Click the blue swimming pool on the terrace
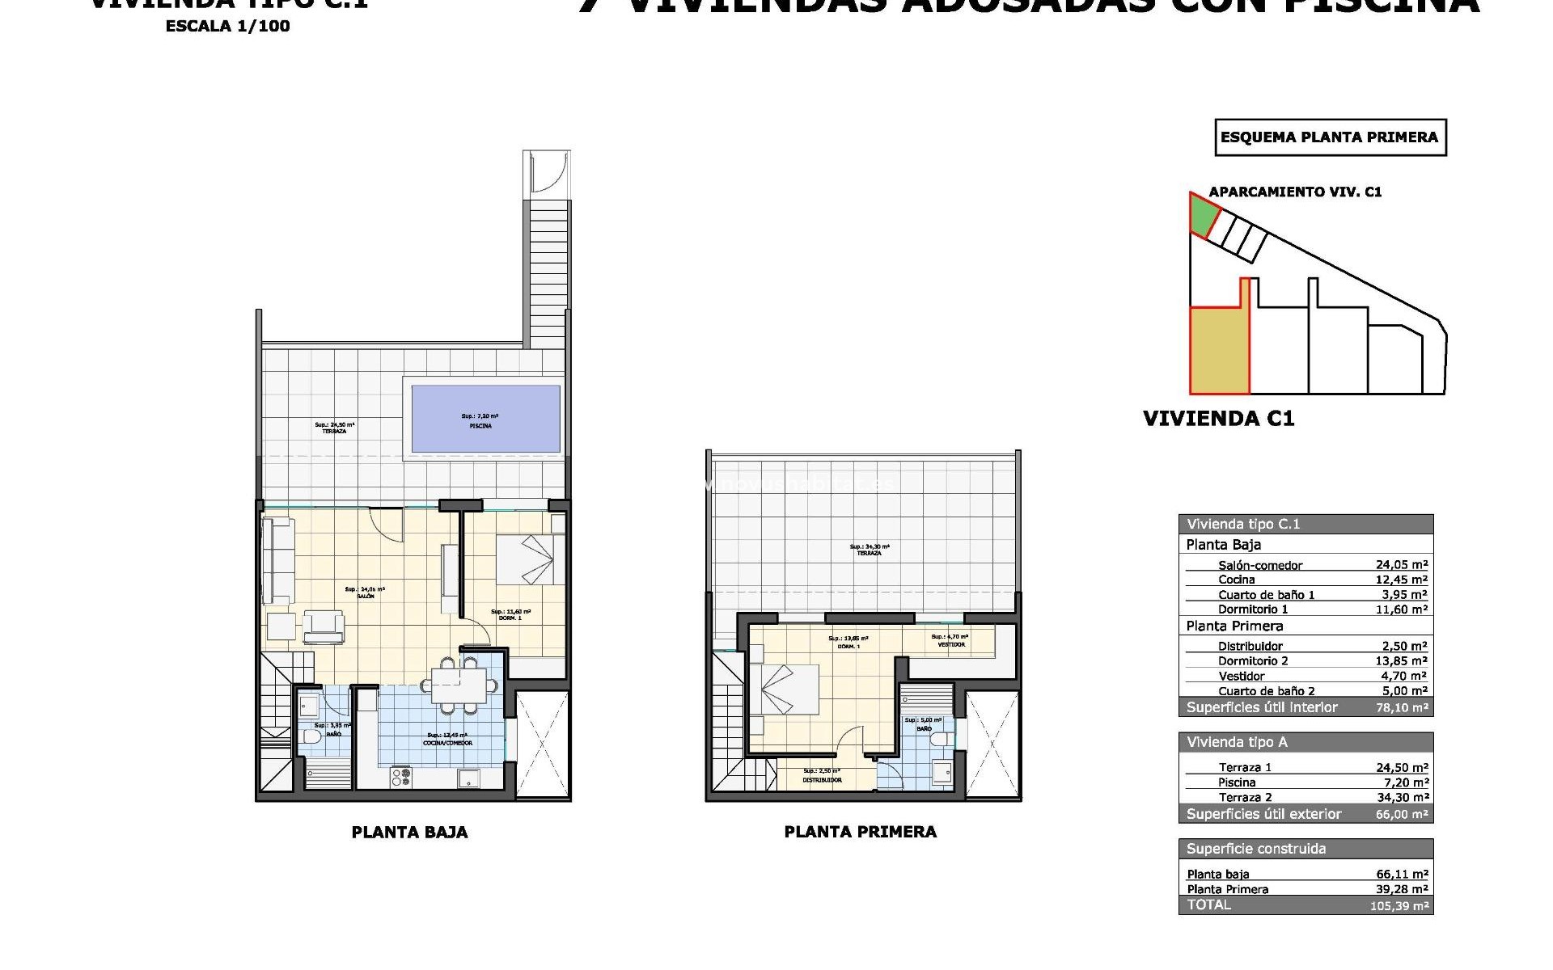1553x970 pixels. tap(485, 418)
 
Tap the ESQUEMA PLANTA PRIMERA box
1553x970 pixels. tap(1330, 137)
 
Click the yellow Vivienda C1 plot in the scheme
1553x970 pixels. tap(1218, 351)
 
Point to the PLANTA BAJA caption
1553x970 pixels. tap(409, 832)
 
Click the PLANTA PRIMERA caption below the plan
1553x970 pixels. tap(860, 832)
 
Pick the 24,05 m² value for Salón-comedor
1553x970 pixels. tap(1401, 565)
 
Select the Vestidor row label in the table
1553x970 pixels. tap(1241, 676)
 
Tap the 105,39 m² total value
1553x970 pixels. tap(1399, 905)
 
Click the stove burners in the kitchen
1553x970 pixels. tap(401, 778)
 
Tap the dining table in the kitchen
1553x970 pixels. tap(459, 685)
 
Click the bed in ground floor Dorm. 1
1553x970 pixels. tap(530, 559)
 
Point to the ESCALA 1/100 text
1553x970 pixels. tap(227, 26)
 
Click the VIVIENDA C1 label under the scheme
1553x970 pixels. tap(1218, 418)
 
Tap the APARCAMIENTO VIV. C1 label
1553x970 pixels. tap(1294, 192)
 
